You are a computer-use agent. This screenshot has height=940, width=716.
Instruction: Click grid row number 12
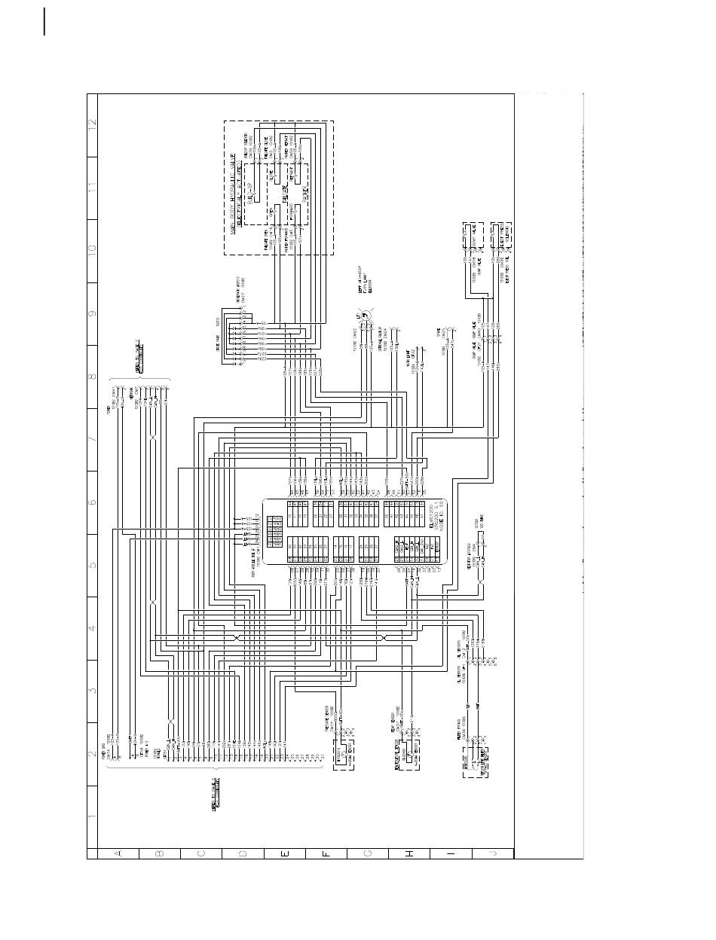[93, 125]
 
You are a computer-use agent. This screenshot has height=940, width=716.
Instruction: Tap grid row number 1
[93, 816]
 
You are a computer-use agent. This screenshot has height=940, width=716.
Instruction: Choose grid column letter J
[493, 853]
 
